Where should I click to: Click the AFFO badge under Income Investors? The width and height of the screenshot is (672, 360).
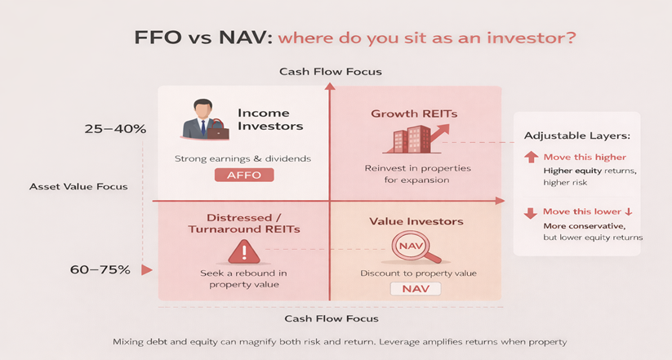tap(244, 175)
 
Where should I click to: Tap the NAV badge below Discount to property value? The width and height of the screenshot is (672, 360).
tap(416, 289)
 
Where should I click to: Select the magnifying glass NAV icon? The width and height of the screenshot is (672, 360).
tap(415, 247)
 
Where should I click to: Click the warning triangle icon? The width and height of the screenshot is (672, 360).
tap(244, 251)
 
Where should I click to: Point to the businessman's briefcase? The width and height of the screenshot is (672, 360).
tap(218, 131)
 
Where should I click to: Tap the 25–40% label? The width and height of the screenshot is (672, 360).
tap(115, 129)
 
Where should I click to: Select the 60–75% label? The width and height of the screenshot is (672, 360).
tap(100, 269)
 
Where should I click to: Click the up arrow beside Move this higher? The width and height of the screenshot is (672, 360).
tap(531, 157)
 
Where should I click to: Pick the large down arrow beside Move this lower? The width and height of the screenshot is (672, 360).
tap(531, 213)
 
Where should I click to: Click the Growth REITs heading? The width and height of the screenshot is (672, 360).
tap(414, 113)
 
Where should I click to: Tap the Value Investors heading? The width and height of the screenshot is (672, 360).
tap(416, 221)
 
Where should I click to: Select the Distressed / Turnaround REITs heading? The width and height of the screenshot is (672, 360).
tap(244, 224)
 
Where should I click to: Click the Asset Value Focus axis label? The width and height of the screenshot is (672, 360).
tap(78, 186)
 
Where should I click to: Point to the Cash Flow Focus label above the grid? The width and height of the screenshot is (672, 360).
tap(331, 72)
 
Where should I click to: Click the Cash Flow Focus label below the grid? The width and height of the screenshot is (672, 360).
tap(332, 318)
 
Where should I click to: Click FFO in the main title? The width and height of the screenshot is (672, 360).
tap(158, 38)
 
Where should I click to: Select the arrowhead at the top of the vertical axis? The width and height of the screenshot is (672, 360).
tap(330, 86)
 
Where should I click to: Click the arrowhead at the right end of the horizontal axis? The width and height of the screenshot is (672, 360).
tap(501, 201)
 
